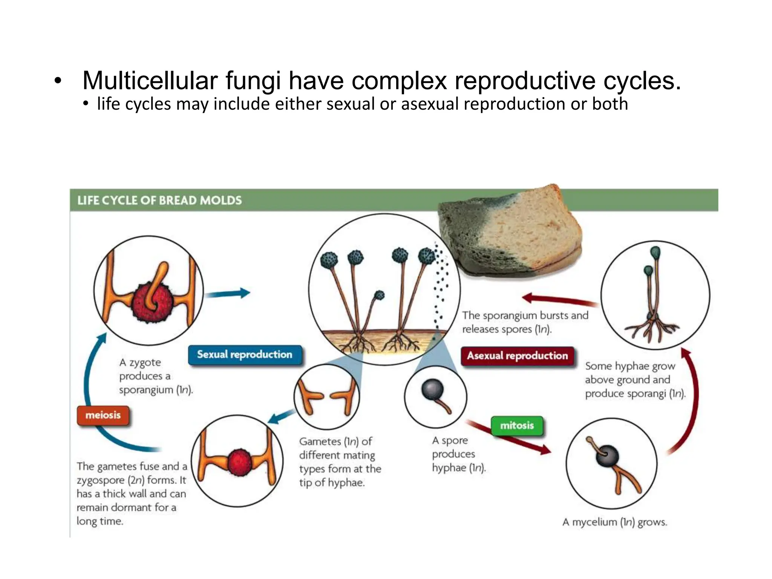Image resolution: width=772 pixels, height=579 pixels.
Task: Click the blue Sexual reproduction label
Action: pos(245,355)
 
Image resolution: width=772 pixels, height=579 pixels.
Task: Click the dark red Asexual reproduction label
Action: pos(517,356)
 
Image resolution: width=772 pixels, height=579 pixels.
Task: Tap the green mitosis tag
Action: pos(517,426)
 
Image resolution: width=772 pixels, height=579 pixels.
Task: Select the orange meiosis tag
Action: pos(103,415)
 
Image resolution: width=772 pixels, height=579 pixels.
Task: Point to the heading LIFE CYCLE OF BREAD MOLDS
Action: pos(159,200)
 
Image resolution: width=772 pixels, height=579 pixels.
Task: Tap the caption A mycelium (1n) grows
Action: pos(614,522)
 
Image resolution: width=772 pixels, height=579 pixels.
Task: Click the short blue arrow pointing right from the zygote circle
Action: pos(228,293)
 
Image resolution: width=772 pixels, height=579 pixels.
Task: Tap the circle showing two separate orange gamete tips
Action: pos(326,397)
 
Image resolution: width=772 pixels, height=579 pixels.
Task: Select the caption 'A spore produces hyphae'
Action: pos(458,454)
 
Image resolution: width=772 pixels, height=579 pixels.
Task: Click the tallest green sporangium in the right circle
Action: pos(656,252)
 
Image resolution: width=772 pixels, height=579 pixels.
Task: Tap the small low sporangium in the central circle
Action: pos(379,295)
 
